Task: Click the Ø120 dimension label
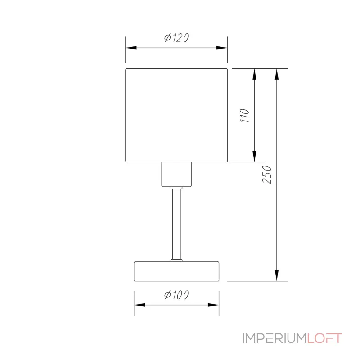pos(176,38)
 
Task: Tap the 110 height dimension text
pos(245,116)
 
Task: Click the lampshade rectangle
pos(176,115)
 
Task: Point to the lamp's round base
pos(176,270)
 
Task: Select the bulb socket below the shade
pos(176,174)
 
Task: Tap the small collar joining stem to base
pos(176,260)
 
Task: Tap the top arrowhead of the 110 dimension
pos(255,74)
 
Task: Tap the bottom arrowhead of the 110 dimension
pos(255,156)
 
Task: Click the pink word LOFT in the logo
pos(324,338)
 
